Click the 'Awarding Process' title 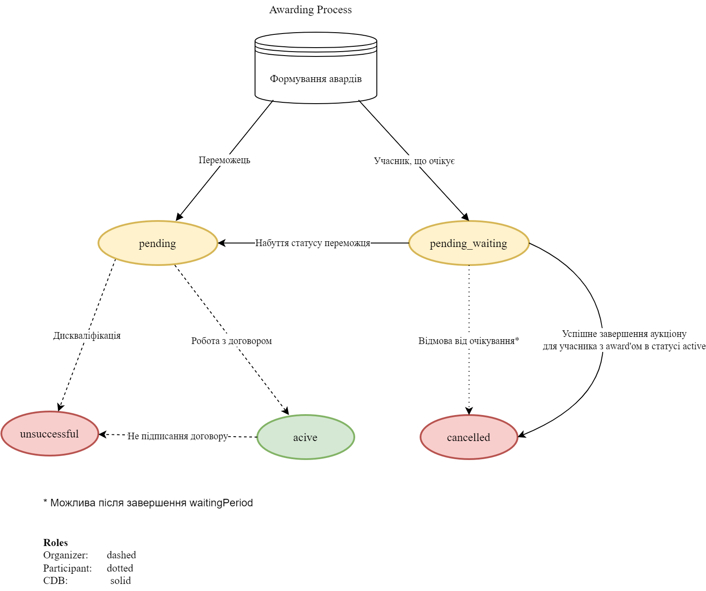(310, 10)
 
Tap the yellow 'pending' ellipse (158, 243)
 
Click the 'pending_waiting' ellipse (469, 243)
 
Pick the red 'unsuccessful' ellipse (49, 434)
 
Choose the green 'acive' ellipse (305, 438)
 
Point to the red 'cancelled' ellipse (469, 438)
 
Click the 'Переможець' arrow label (224, 160)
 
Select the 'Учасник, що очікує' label (414, 161)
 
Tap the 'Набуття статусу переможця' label (313, 243)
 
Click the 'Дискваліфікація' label (87, 336)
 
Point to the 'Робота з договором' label (232, 341)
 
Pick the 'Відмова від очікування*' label (469, 341)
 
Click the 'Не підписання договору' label (178, 436)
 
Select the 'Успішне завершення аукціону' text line (624, 334)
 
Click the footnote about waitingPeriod (148, 503)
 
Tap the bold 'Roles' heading (56, 542)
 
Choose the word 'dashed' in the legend (121, 555)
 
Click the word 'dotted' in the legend (120, 568)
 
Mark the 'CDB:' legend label (56, 580)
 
